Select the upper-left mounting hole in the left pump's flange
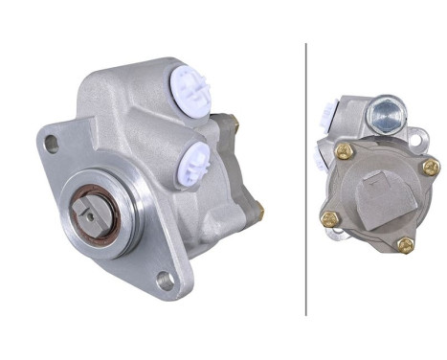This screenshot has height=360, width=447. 52,145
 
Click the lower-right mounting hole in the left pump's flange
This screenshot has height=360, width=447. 165,281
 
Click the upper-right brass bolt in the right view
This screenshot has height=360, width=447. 428,167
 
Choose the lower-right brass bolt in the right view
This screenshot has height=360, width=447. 405,244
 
